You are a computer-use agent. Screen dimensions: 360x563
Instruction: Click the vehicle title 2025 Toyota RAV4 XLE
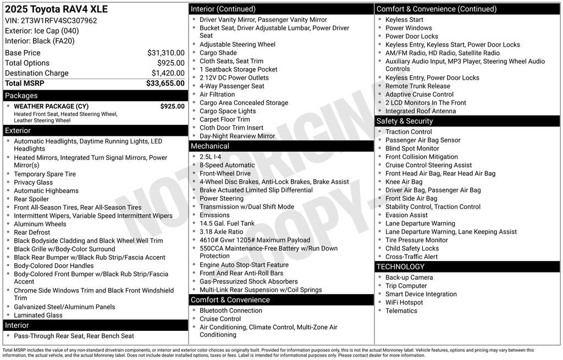click(x=56, y=9)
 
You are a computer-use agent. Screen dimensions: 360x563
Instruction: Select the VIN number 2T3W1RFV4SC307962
click(x=59, y=21)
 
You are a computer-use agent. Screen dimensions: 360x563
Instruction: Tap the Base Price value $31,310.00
click(x=165, y=53)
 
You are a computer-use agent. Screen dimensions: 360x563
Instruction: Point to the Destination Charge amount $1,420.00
click(x=168, y=73)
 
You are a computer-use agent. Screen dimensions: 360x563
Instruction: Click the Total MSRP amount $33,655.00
click(x=165, y=84)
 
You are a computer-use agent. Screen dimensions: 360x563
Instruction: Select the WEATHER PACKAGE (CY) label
click(x=51, y=107)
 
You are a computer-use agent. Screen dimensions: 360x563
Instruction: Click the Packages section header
click(x=21, y=96)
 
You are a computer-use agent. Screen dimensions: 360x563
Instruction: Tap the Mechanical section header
click(x=210, y=146)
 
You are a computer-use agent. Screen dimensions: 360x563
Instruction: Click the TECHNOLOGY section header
click(x=400, y=267)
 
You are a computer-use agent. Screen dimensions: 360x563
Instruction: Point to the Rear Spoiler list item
click(x=31, y=199)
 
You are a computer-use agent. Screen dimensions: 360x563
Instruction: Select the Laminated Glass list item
click(x=38, y=315)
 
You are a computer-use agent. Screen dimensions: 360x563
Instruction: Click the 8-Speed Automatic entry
click(x=227, y=165)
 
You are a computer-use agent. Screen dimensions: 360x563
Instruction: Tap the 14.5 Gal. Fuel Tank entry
click(x=227, y=223)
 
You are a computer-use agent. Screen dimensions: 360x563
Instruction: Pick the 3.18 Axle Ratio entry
click(x=221, y=232)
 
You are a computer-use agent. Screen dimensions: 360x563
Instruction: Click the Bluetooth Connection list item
click(x=231, y=311)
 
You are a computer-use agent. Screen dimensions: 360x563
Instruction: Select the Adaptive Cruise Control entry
click(x=420, y=95)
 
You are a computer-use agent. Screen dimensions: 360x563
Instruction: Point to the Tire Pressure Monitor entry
click(x=416, y=240)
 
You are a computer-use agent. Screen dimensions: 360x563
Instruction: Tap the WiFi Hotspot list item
click(x=404, y=302)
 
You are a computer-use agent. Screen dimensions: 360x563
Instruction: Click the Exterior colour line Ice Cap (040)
click(x=42, y=31)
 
